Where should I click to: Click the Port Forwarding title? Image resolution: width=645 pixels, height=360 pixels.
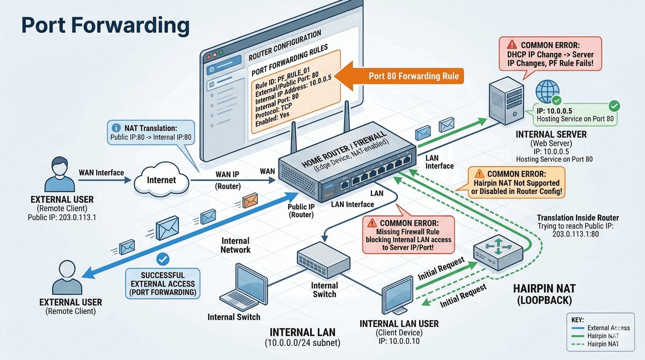click(x=105, y=25)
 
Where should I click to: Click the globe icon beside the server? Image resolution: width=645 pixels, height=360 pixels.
click(x=548, y=90)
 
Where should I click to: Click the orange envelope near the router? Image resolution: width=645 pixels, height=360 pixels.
click(x=250, y=200)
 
